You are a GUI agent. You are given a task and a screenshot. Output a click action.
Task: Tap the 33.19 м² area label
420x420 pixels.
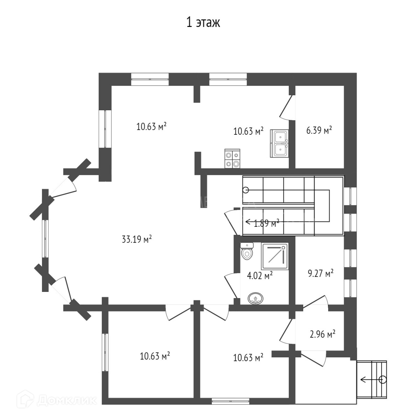[136, 239]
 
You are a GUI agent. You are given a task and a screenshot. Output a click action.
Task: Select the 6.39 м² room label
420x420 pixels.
[319, 131]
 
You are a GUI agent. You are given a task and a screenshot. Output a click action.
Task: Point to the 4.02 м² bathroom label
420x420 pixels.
[260, 275]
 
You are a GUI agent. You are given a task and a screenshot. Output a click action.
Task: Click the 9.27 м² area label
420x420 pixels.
[320, 273]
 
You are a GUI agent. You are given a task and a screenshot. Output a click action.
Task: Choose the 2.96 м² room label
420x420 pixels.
[322, 334]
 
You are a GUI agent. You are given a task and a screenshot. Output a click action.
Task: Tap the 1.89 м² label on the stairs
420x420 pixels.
[266, 223]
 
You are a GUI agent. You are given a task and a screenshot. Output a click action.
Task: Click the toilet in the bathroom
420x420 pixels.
[247, 251]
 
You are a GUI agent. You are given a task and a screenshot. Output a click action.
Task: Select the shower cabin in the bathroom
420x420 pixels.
[275, 257]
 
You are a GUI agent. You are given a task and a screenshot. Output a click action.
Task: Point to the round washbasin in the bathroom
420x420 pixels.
[256, 299]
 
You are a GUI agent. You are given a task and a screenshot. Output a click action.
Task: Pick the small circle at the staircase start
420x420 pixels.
[246, 190]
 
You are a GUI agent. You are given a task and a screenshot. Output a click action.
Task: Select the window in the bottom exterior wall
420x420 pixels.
[230, 401]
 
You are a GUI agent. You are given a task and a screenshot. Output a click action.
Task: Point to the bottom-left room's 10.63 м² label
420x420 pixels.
[155, 356]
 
